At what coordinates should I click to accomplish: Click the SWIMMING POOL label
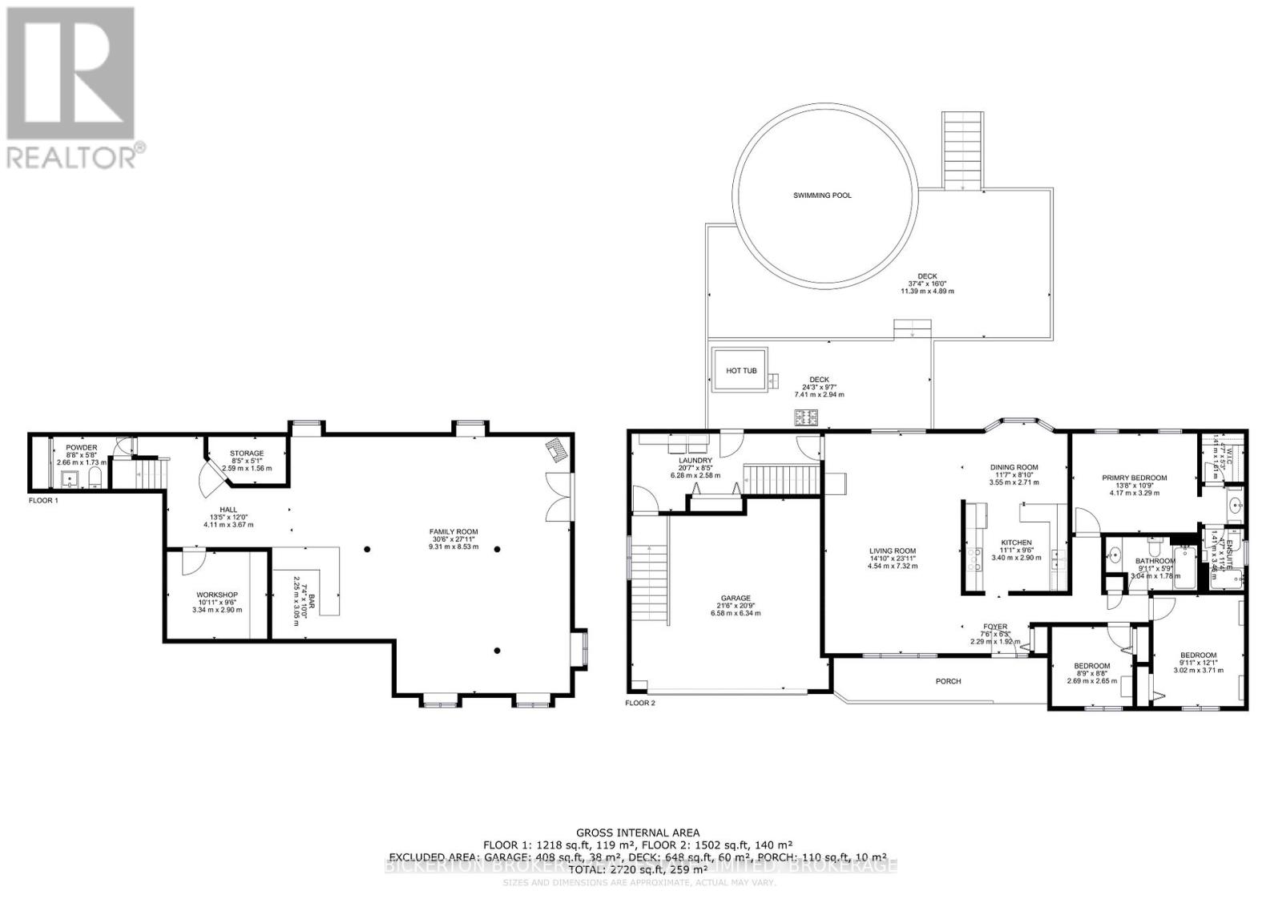pyautogui.click(x=822, y=196)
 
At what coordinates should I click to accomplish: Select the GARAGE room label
pyautogui.click(x=735, y=598)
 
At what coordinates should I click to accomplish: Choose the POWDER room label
pyautogui.click(x=82, y=447)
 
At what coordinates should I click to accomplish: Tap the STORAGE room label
pyautogui.click(x=246, y=453)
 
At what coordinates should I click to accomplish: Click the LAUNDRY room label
pyautogui.click(x=695, y=461)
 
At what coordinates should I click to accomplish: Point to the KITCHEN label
pyautogui.click(x=1016, y=542)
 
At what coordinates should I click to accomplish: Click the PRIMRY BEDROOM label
pyautogui.click(x=1134, y=478)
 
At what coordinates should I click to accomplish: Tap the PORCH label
pyautogui.click(x=948, y=681)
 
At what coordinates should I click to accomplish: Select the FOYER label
pyautogui.click(x=995, y=627)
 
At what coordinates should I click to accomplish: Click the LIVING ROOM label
pyautogui.click(x=892, y=551)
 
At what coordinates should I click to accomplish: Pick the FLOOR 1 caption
pyautogui.click(x=43, y=500)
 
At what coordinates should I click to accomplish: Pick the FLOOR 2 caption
pyautogui.click(x=640, y=703)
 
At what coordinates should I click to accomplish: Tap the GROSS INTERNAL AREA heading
pyautogui.click(x=638, y=832)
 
